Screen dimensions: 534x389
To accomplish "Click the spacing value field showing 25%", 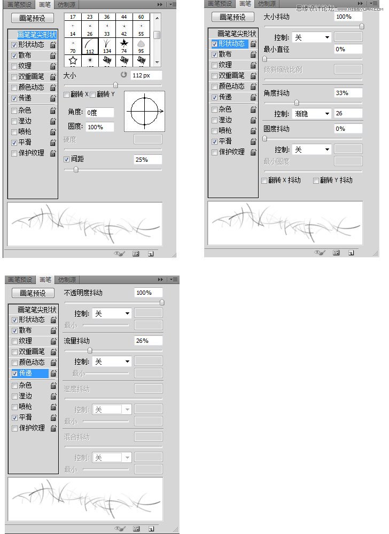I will click(x=147, y=160).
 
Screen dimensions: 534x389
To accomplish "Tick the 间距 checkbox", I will click(x=67, y=159).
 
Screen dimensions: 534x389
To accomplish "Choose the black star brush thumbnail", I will click(x=124, y=43).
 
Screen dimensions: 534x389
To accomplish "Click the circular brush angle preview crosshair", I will click(x=144, y=111).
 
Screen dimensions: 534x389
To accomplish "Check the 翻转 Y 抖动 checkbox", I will click(x=316, y=180).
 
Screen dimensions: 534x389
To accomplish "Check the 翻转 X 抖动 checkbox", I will click(x=264, y=180).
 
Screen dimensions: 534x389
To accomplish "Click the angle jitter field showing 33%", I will click(x=348, y=93).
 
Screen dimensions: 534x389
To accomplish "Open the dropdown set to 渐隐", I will click(x=312, y=114).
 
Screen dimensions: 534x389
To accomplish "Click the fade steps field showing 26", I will click(x=348, y=113).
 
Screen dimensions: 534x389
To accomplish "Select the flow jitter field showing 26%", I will click(x=148, y=341).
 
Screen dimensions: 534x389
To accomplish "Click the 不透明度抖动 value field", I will click(x=148, y=293).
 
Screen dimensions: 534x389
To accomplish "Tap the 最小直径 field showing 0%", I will click(x=348, y=49).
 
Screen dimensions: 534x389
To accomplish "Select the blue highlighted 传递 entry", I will click(x=32, y=373).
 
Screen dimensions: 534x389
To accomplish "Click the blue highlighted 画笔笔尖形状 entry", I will click(x=36, y=34).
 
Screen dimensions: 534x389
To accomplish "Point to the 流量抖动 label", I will click(x=77, y=341).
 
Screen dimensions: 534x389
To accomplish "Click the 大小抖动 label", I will click(x=277, y=17).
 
